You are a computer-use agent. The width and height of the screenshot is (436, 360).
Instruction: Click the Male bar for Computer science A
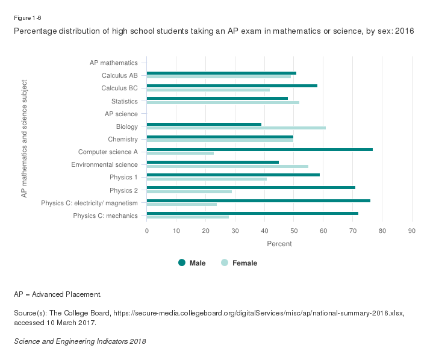(x=260, y=149)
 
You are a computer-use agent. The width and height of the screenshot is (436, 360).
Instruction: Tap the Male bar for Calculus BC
(x=232, y=85)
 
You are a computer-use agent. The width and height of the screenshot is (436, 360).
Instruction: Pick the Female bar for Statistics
(x=223, y=102)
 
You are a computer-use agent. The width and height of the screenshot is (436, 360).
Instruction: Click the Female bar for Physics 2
(x=189, y=191)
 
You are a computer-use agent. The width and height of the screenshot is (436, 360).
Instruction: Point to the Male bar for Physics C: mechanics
(x=252, y=213)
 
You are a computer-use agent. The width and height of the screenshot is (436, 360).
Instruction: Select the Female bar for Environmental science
(x=228, y=166)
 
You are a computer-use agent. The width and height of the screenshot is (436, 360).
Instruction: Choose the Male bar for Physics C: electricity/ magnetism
(x=258, y=200)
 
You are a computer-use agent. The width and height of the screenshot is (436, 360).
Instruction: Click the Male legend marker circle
(x=182, y=262)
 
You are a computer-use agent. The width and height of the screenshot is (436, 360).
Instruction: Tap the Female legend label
(x=244, y=263)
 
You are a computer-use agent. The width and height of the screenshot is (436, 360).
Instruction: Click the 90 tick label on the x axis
(x=412, y=230)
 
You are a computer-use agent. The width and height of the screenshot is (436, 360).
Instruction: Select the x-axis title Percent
(x=279, y=244)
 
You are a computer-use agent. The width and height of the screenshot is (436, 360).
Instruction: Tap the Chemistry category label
(x=122, y=139)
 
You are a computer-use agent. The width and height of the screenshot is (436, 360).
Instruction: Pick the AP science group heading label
(x=121, y=114)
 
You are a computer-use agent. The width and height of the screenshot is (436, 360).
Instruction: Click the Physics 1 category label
(x=123, y=177)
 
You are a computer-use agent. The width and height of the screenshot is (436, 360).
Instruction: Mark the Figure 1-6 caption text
(x=27, y=18)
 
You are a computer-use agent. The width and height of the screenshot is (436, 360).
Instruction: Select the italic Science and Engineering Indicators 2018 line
(x=79, y=341)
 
